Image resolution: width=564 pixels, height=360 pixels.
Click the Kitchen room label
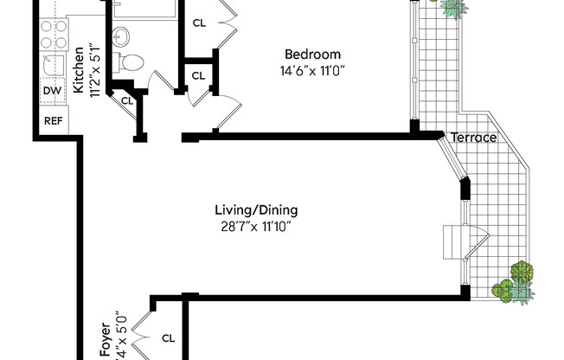[x=77, y=69]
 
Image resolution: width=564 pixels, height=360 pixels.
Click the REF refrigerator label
[x=53, y=120]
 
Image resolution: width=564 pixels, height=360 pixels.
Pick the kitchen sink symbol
[x=52, y=64]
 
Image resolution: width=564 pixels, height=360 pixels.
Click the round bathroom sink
[x=122, y=35]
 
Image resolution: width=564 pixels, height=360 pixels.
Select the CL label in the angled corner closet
[x=126, y=100]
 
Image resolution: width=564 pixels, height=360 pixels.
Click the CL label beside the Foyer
[x=168, y=338]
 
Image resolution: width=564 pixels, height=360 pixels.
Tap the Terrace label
[x=473, y=138]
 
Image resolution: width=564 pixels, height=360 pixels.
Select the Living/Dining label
[x=256, y=210]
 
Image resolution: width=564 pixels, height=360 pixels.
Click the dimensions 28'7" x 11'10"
[x=256, y=227]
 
